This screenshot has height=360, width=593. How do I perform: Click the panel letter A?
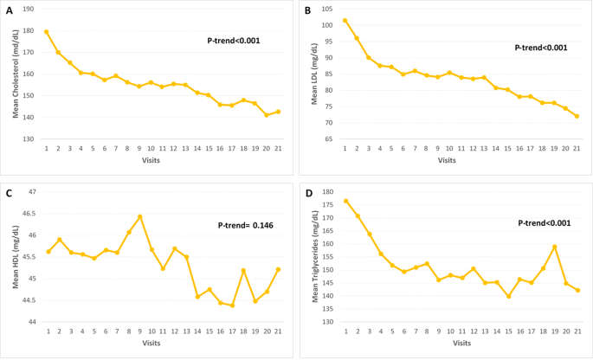(x=10, y=11)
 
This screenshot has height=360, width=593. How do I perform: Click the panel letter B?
(x=307, y=11)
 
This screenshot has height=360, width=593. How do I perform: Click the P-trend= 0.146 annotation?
(x=246, y=225)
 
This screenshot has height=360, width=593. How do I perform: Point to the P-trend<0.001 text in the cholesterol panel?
(x=233, y=41)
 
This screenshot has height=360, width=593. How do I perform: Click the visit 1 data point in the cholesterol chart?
(x=47, y=32)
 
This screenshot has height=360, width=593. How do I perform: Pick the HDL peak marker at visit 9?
(x=139, y=216)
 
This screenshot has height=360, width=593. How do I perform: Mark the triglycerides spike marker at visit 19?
(x=554, y=247)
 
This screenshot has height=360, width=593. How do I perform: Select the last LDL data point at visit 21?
(x=577, y=116)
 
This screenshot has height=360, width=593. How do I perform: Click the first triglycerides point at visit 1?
(x=346, y=201)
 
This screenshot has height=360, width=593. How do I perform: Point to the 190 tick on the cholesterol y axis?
(x=29, y=9)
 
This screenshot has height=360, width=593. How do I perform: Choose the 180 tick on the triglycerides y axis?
(x=327, y=191)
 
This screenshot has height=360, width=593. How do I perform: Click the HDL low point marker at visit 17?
(x=232, y=305)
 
